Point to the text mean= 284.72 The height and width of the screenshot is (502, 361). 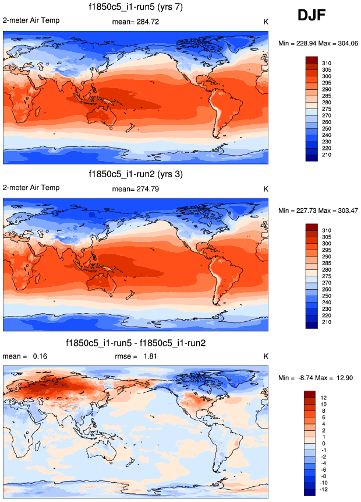pyautogui.click(x=136, y=22)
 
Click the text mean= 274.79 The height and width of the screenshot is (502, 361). pyautogui.click(x=136, y=189)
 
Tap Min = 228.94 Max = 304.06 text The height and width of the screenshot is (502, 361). pyautogui.click(x=318, y=43)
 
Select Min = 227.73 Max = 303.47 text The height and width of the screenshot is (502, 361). pyautogui.click(x=318, y=210)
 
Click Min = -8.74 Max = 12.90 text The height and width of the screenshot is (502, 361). pyautogui.click(x=318, y=378)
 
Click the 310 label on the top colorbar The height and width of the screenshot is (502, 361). pyautogui.click(x=327, y=62)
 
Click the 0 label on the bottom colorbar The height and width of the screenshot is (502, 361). pyautogui.click(x=324, y=443)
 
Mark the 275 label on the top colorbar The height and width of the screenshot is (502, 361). pyautogui.click(x=327, y=109)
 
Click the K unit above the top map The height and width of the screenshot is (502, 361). pyautogui.click(x=266, y=22)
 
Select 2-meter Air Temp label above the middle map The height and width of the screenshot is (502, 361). pyautogui.click(x=31, y=188)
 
